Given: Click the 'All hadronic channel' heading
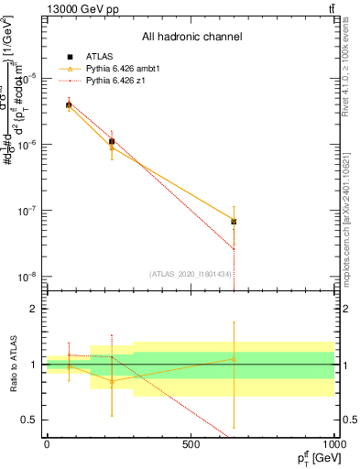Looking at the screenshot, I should (x=191, y=38).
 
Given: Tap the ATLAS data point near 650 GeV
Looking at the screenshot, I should (x=234, y=222).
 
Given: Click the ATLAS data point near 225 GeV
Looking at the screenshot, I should (x=112, y=141).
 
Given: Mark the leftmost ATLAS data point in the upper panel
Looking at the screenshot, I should (x=69, y=105).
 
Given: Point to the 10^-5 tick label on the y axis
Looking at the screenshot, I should (x=29, y=78).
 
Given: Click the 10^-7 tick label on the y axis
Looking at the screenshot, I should (x=29, y=211).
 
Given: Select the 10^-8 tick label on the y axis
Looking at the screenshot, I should (x=29, y=278).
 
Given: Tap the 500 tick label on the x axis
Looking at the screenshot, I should (x=191, y=445).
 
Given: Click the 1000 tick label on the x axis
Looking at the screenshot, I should (x=333, y=445).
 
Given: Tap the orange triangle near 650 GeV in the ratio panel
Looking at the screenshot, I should (x=234, y=358).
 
